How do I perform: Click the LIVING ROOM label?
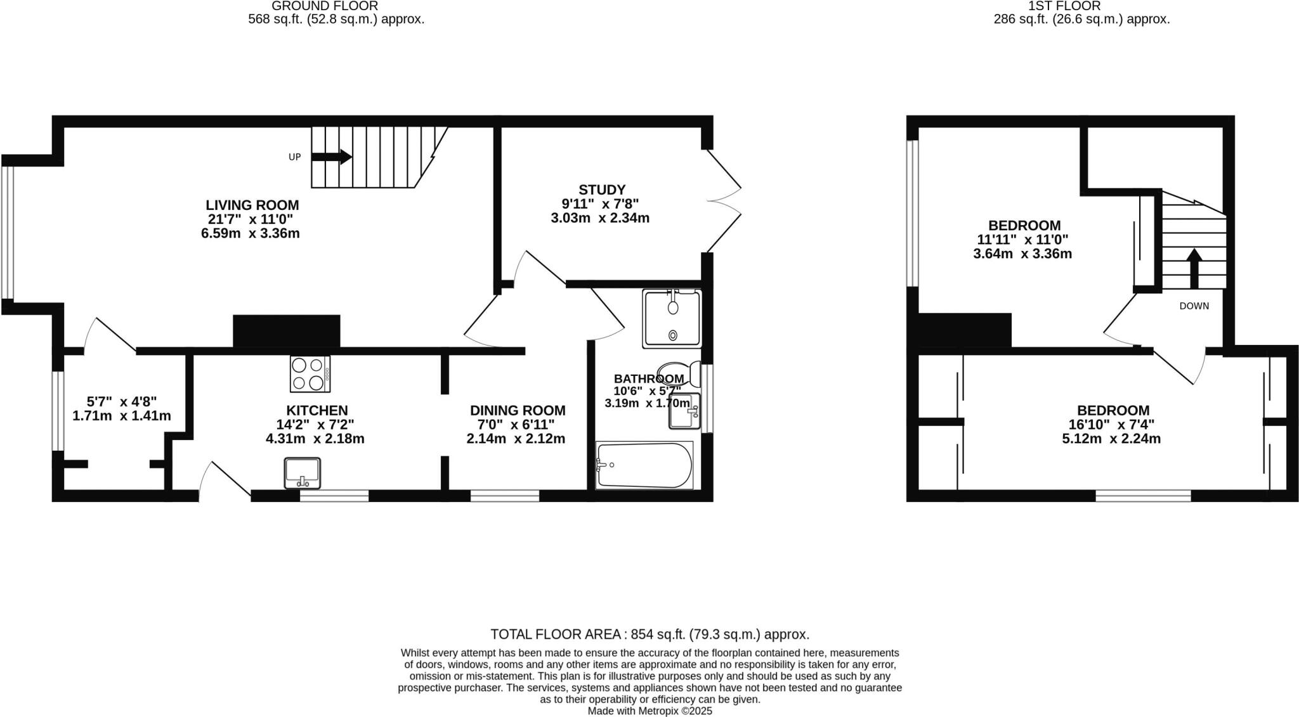[x=252, y=205]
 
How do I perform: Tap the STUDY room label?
[x=602, y=190]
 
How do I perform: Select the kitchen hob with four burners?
[x=310, y=373]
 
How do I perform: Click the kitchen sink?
[x=303, y=473]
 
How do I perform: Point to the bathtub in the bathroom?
[x=644, y=466]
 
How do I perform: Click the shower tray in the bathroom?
[x=672, y=319]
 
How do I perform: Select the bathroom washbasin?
[x=684, y=411]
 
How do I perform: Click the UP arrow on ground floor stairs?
[x=332, y=157]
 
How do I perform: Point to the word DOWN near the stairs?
[x=1194, y=306]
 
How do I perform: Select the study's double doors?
[x=723, y=201]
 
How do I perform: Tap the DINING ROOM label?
[x=518, y=411]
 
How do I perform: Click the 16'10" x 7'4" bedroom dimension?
[x=1111, y=424]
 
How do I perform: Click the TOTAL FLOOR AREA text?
[x=649, y=635]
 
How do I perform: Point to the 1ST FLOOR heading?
[x=1082, y=6]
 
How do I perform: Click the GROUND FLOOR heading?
[x=325, y=6]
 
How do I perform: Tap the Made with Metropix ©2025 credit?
[x=649, y=711]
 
